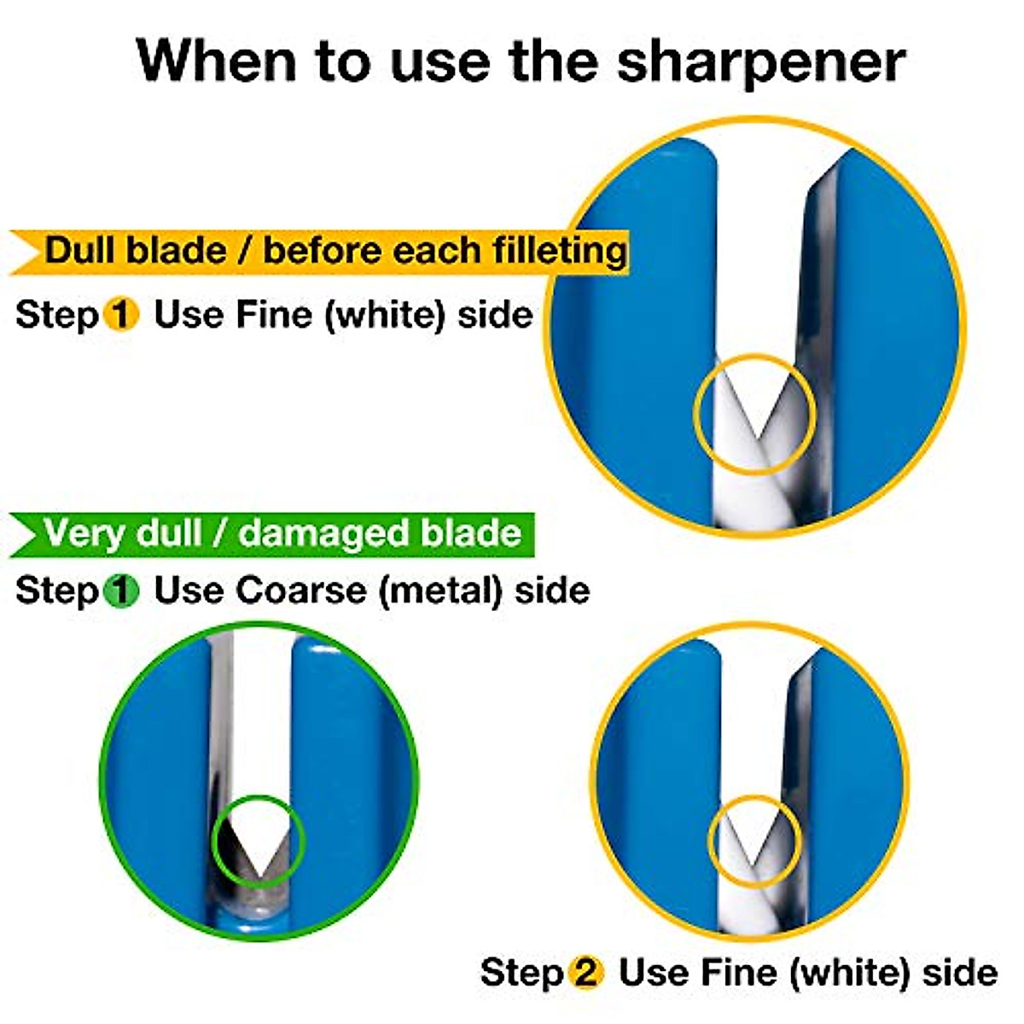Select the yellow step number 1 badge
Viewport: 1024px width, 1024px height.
121,316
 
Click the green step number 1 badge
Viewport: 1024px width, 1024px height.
121,591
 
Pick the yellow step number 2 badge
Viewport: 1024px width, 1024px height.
585,973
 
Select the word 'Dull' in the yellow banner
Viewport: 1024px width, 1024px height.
81,251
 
